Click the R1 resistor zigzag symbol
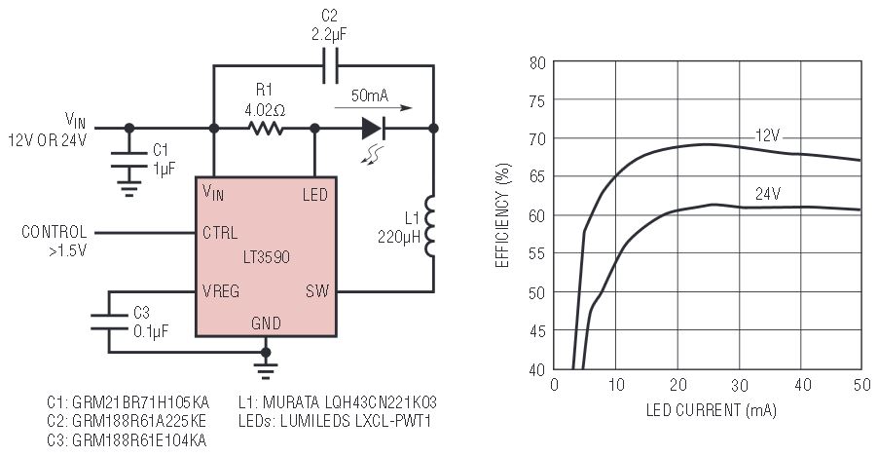click(x=264, y=128)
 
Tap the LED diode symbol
click(x=374, y=128)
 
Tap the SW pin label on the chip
click(x=317, y=289)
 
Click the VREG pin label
click(x=223, y=289)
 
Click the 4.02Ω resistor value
click(x=265, y=110)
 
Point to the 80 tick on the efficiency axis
click(x=536, y=62)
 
